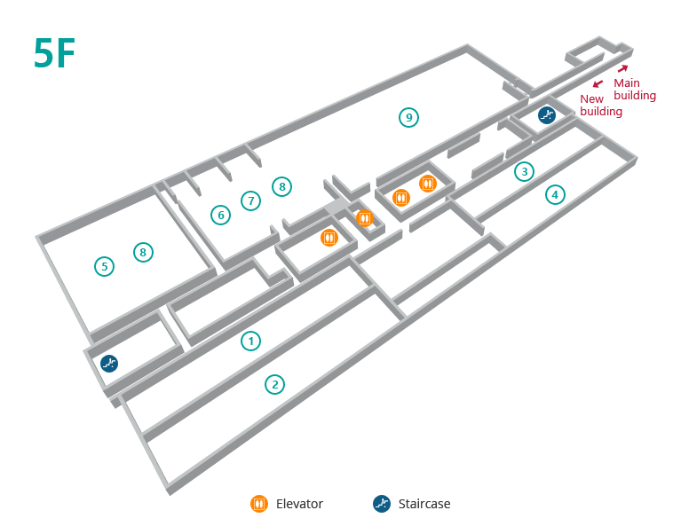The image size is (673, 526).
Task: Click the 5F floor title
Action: [x=54, y=52]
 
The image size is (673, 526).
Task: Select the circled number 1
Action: [x=251, y=342]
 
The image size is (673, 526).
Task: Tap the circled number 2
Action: [x=275, y=385]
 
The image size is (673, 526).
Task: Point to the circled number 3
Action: [x=525, y=171]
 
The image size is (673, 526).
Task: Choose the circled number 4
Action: [x=556, y=194]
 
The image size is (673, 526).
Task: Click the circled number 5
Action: [x=104, y=266]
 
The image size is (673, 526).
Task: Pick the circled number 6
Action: [x=220, y=215]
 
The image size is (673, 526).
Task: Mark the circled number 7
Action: [x=251, y=200]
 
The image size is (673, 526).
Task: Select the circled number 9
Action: [x=409, y=117]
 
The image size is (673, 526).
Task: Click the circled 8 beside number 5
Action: [x=143, y=252]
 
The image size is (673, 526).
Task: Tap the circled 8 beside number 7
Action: [x=282, y=186]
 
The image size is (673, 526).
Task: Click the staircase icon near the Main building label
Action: [x=547, y=115]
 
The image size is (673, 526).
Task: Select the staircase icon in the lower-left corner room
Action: [x=109, y=363]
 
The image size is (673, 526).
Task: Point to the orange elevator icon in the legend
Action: [x=259, y=504]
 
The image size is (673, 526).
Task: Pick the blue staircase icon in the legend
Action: [x=382, y=504]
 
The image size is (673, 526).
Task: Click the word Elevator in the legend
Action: [x=299, y=504]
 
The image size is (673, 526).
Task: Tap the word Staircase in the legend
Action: [x=424, y=504]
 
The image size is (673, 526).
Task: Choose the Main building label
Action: [x=635, y=90]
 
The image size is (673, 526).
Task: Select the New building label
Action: [x=601, y=105]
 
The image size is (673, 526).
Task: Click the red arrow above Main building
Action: [x=623, y=68]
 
